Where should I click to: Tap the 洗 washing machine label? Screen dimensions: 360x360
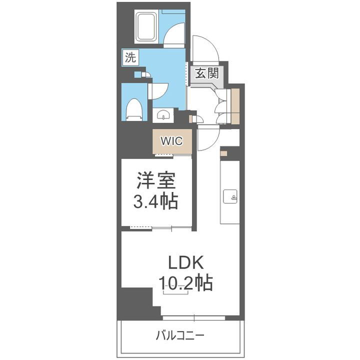(x=130, y=57)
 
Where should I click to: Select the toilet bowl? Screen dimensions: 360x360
(x=133, y=109)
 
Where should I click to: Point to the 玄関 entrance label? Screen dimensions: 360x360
(x=206, y=73)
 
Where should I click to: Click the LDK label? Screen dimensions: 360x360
(x=185, y=262)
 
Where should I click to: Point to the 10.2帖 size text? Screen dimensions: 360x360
(x=186, y=283)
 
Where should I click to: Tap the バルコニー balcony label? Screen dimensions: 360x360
(x=179, y=334)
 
